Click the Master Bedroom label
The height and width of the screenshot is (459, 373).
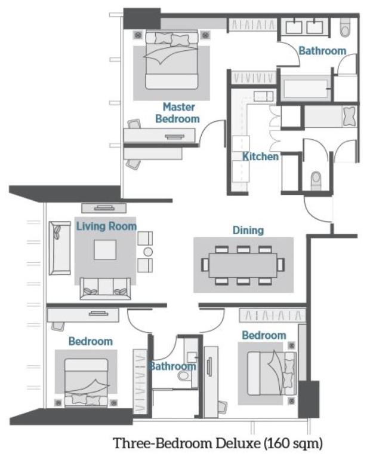(x=177, y=113)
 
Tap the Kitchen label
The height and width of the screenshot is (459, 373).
(x=261, y=157)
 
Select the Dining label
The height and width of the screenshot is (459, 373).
(x=248, y=229)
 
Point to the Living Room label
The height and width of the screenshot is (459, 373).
(x=106, y=227)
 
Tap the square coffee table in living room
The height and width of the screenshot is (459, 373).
(x=105, y=249)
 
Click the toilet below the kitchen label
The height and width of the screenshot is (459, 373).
(x=316, y=178)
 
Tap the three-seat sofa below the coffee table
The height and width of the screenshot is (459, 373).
(x=105, y=287)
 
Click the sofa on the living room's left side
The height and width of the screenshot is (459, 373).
(x=58, y=247)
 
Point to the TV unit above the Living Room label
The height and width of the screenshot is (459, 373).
(x=103, y=208)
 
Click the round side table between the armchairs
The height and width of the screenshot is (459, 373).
(x=147, y=251)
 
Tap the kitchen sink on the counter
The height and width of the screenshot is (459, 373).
(x=263, y=96)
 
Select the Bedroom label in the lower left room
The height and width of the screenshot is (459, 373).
(x=90, y=341)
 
